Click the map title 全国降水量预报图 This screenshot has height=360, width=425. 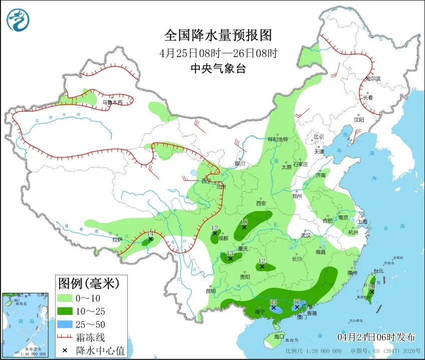(218, 35)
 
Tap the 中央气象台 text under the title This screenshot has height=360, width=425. (218, 69)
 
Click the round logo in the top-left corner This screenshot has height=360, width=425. (18, 21)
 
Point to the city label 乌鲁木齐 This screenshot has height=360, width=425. (112, 102)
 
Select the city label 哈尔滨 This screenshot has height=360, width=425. (373, 79)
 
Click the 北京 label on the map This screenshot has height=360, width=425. (319, 136)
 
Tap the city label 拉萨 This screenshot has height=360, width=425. (117, 240)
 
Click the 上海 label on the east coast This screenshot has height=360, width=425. (362, 221)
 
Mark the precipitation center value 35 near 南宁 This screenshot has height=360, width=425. (273, 302)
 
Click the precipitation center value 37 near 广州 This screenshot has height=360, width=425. (297, 301)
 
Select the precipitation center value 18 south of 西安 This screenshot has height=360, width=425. (244, 222)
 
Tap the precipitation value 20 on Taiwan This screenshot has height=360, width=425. (371, 286)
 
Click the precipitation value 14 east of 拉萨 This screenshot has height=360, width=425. (150, 234)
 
